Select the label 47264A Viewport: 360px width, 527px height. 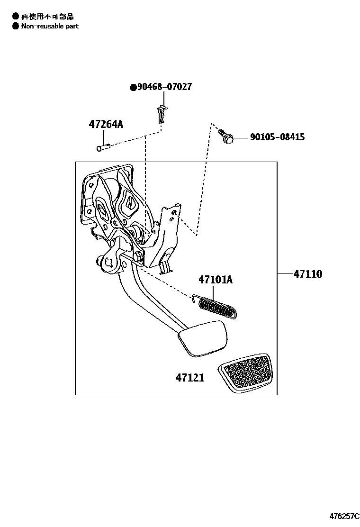click(106, 125)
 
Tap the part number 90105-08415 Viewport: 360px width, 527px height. click(278, 137)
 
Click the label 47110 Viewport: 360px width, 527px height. click(307, 274)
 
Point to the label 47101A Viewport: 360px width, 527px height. click(216, 280)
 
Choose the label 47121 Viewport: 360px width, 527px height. click(190, 378)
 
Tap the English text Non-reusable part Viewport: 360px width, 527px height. click(50, 26)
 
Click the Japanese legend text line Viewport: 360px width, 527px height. click(47, 17)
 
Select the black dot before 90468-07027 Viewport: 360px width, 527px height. click(134, 87)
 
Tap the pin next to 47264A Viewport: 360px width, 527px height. click(103, 147)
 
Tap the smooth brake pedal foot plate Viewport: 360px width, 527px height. click(203, 337)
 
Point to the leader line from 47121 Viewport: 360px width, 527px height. click(212, 378)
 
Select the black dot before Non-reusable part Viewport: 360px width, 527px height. click(16, 26)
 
